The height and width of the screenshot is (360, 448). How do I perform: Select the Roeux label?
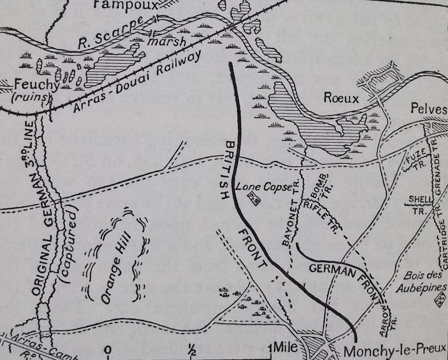coord(342,99)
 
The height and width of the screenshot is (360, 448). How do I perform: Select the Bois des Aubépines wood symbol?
coord(440,302)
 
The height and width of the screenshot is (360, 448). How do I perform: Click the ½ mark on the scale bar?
coord(192,349)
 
